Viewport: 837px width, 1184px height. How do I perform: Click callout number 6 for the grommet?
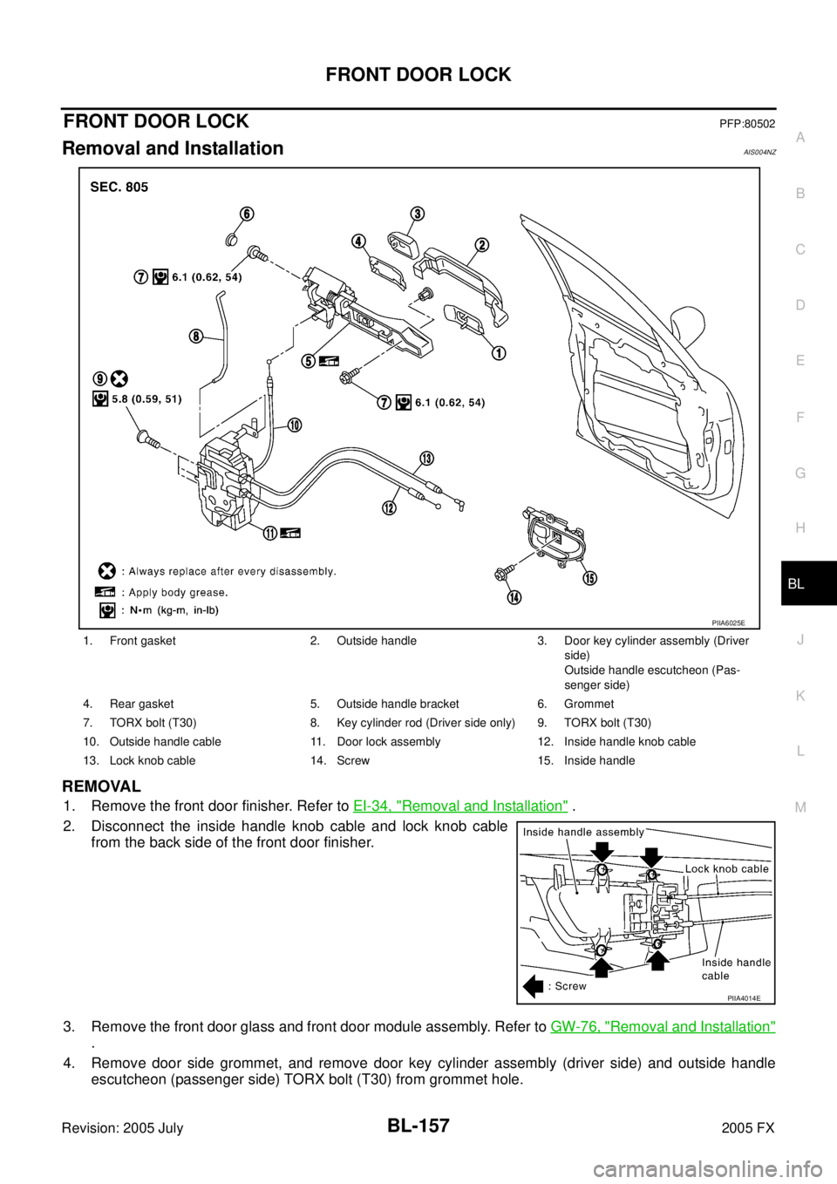[x=246, y=214]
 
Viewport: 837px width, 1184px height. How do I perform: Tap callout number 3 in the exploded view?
[x=418, y=213]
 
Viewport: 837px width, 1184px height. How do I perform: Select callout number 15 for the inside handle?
[x=589, y=578]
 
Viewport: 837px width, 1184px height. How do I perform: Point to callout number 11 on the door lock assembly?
[x=270, y=534]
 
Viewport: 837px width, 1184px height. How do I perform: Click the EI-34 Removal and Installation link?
[x=460, y=806]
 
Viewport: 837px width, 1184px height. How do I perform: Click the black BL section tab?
[x=808, y=583]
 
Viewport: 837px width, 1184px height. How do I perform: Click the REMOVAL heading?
[x=101, y=786]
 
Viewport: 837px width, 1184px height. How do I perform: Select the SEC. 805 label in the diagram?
[x=119, y=187]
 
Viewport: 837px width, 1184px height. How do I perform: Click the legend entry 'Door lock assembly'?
[x=388, y=742]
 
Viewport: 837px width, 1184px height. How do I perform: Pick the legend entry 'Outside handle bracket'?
[x=398, y=704]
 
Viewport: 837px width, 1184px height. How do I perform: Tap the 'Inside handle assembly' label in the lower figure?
[x=584, y=833]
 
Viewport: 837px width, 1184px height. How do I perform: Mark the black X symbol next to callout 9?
[x=119, y=378]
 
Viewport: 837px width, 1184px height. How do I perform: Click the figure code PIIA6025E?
[x=728, y=623]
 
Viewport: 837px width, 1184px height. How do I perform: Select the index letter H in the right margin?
[x=800, y=527]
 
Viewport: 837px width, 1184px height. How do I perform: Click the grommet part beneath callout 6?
[x=230, y=242]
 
